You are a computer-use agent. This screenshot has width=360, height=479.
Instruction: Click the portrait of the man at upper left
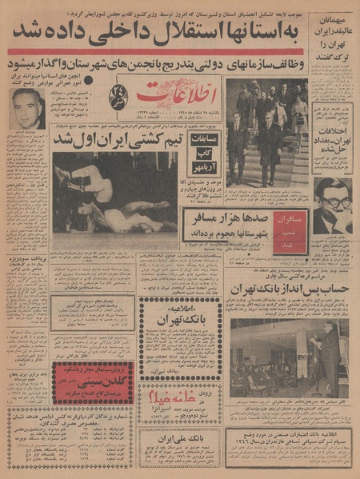tap(28, 108)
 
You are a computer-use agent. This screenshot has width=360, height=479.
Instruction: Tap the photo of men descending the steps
tap(265, 132)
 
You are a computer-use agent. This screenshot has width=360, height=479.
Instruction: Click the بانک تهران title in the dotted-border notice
tap(179, 321)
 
